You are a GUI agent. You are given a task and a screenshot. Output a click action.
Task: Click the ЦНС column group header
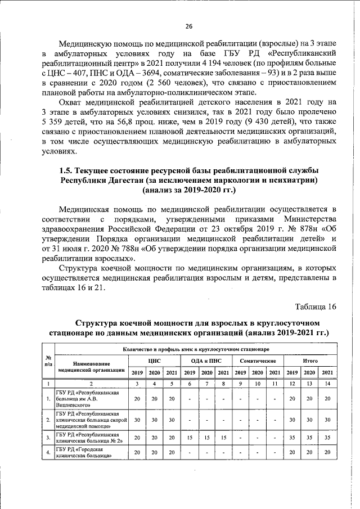point(155,360)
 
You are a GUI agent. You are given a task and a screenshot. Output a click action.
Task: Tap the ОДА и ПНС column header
point(206,360)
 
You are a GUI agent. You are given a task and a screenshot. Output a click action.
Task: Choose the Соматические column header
point(257,360)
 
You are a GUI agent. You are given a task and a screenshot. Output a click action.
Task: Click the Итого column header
point(309,360)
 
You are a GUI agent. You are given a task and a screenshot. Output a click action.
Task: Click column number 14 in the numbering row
point(327,383)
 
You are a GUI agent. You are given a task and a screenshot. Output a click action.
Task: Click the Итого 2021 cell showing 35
point(327,437)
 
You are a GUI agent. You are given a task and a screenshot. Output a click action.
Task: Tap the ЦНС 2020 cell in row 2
point(154,420)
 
